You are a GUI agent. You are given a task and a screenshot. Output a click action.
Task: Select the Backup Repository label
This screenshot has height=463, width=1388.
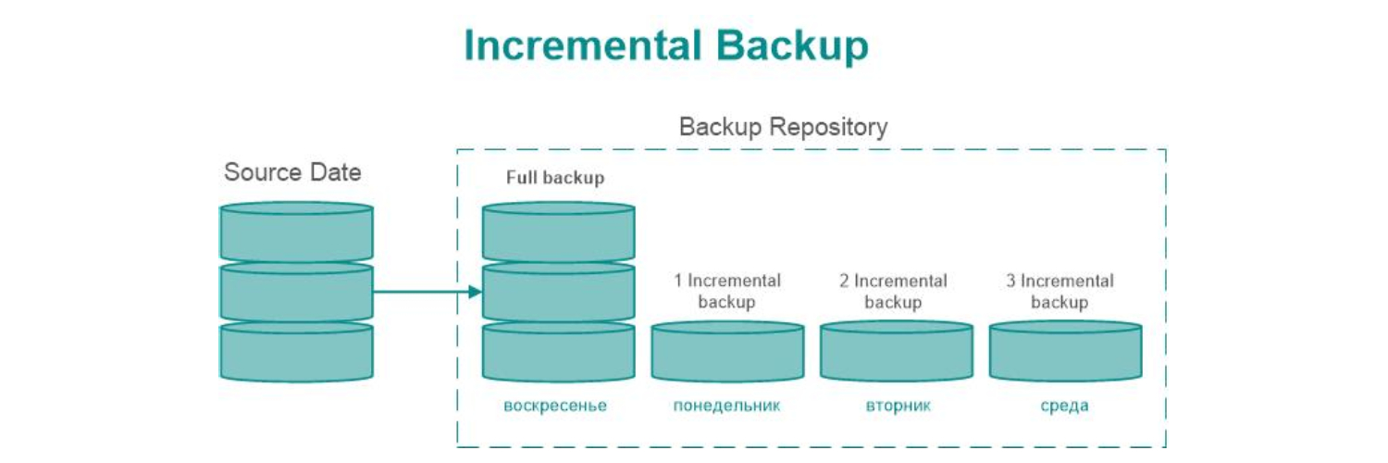[783, 127]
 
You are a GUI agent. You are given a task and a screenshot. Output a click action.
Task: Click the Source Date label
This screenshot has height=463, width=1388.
[292, 172]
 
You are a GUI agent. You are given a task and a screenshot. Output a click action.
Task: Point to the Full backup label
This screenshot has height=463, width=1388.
[554, 178]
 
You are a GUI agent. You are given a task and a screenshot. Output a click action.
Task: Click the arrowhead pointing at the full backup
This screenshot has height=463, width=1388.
[475, 293]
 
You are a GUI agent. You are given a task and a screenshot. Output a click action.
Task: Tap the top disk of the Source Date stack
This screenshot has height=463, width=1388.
[296, 233]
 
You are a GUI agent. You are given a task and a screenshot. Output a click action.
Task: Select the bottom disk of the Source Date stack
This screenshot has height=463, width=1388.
[296, 353]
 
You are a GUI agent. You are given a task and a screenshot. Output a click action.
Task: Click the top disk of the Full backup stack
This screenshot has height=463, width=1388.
[559, 233]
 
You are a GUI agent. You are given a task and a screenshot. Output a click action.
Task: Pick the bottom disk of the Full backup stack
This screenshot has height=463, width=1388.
[559, 353]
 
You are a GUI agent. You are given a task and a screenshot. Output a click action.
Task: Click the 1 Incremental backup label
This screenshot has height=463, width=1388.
[726, 291]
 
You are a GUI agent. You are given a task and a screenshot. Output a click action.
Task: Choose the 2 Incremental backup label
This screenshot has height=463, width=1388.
[893, 291]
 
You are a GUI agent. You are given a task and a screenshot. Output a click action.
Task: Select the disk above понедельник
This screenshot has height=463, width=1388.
[727, 353]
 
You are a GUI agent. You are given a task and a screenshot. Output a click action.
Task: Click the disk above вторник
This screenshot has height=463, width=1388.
[896, 353]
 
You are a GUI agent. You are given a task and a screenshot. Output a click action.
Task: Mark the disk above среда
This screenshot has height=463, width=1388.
[1065, 353]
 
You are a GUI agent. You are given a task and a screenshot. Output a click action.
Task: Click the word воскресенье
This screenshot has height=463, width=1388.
[555, 406]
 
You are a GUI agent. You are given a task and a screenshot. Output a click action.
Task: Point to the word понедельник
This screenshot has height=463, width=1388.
[726, 406]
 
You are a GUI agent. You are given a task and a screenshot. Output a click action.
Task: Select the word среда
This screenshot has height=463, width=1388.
[1064, 406]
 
